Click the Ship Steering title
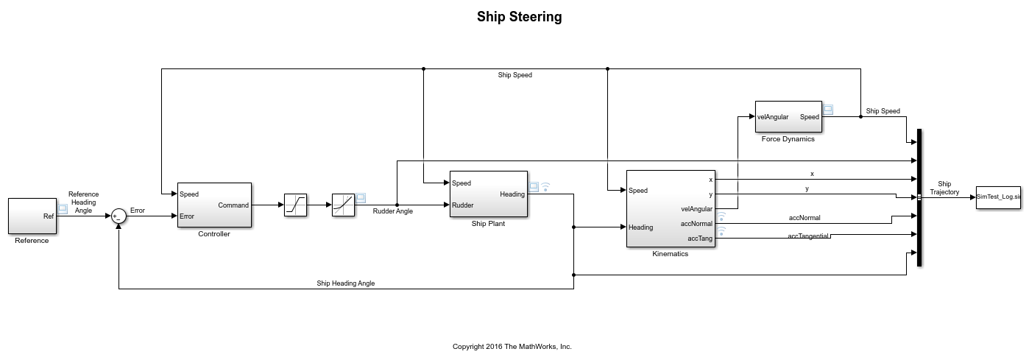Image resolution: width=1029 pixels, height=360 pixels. pos(519,17)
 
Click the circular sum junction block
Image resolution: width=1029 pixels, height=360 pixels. pos(119,216)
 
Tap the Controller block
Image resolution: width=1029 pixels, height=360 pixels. pos(214,205)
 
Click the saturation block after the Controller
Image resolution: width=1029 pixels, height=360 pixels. pos(295,205)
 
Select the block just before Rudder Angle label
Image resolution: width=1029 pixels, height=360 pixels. pos(343,205)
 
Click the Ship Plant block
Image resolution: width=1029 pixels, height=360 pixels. pos(488,194)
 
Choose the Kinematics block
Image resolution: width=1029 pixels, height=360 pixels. pos(670,208)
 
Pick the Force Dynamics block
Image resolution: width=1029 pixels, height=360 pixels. pos(788,116)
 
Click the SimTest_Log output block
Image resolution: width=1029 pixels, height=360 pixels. pos(998,197)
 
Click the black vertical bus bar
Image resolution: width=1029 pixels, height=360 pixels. pos(919,197)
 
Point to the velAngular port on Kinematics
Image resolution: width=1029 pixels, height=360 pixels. pos(696,209)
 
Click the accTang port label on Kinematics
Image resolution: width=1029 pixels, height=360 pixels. pos(700,239)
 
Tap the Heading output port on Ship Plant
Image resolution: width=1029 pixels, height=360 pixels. pos(512,194)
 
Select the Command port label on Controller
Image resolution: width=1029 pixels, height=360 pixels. pos(233,205)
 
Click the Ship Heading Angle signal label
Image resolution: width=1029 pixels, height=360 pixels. pos(345,283)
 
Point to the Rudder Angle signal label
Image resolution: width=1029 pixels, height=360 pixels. pos(393,211)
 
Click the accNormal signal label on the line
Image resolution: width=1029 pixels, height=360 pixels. pos(804,218)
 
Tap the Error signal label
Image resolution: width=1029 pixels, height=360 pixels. pos(138,211)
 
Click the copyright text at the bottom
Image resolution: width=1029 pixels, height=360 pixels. pos(512,346)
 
